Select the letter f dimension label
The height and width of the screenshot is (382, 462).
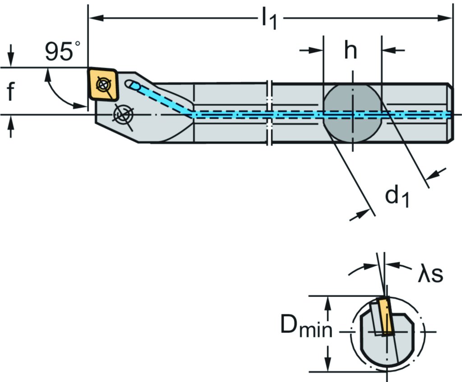point(11,92)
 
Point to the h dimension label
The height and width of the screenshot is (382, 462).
point(351,51)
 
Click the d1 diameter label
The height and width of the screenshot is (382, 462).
point(397,196)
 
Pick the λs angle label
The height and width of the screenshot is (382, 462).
point(429,274)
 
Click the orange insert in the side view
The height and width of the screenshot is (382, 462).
point(103,84)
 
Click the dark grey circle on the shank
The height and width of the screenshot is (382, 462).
point(352,113)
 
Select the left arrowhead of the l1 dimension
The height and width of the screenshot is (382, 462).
point(92,18)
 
